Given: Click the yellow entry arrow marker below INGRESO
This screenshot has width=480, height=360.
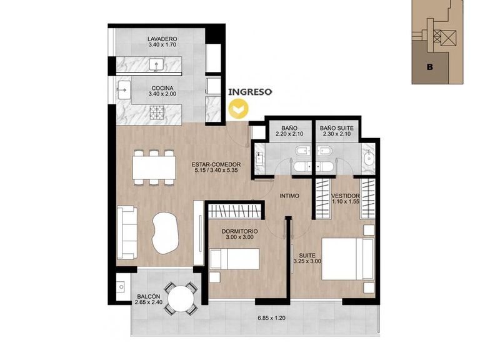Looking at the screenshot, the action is [239, 109].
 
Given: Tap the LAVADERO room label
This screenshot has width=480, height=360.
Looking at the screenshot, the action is [162, 39].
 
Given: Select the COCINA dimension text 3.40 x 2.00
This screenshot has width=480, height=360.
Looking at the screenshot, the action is [162, 94].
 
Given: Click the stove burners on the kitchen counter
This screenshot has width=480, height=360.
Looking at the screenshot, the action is [157, 112].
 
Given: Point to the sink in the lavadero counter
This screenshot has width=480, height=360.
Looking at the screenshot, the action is [156, 65].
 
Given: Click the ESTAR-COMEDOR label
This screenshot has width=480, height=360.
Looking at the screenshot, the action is [216, 164].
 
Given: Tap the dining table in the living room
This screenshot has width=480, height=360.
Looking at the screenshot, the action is [154, 167].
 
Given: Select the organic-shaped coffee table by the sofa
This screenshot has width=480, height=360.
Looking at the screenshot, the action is [165, 232].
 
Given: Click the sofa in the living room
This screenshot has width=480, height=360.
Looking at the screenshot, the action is [127, 232].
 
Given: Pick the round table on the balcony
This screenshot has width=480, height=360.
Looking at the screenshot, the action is [181, 299].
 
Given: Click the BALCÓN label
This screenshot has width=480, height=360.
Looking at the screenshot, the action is [149, 296].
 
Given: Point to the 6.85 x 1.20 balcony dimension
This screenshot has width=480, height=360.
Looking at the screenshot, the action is [271, 318].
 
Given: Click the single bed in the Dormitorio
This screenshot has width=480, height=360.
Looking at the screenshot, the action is [235, 259].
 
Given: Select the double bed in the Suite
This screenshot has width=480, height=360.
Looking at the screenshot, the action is [348, 259].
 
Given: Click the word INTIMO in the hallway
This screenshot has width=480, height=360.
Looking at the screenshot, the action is [289, 196].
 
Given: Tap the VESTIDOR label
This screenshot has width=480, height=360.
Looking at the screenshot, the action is [345, 196].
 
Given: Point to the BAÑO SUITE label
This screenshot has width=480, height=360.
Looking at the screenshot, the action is [337, 128].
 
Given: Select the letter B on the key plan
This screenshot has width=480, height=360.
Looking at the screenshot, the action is [430, 67].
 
